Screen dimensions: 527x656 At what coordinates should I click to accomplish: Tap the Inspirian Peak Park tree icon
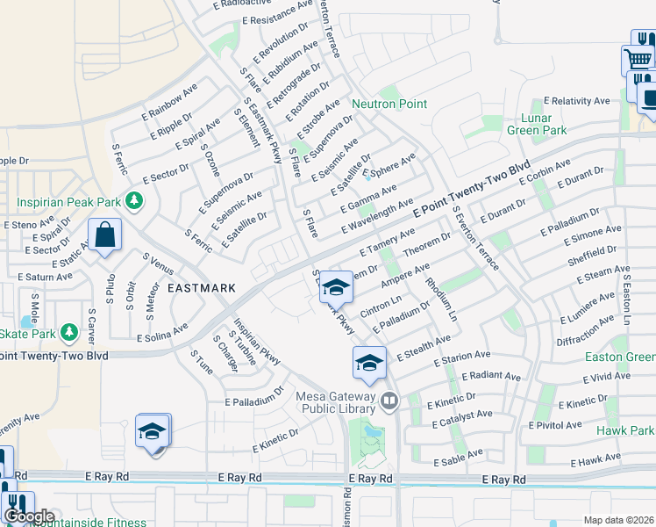(x=133, y=202)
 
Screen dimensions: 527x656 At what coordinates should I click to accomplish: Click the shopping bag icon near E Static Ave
(x=104, y=235)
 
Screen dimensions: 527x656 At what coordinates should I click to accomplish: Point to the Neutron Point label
(x=389, y=104)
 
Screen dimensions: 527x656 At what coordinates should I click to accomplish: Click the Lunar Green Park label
(x=537, y=124)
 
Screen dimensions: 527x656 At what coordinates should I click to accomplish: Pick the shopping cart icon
(x=638, y=61)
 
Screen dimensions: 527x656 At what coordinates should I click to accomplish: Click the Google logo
(x=28, y=516)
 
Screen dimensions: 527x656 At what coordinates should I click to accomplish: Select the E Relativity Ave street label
(x=576, y=101)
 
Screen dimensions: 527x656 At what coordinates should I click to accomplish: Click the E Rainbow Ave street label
(x=168, y=103)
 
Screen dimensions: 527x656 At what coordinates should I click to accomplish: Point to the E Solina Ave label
(x=162, y=331)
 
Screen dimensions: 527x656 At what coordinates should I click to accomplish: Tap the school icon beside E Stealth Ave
(x=369, y=363)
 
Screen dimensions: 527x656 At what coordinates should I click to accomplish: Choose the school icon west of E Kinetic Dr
(x=153, y=431)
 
